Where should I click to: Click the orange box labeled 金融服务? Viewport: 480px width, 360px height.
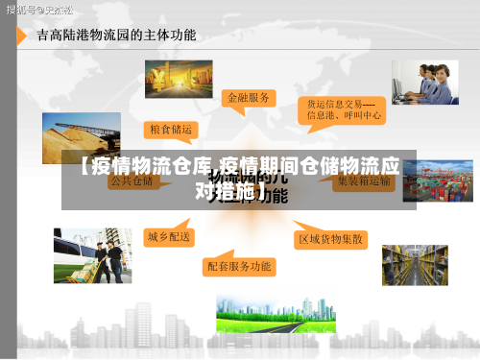(250, 98)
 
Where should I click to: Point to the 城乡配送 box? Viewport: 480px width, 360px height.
(169, 235)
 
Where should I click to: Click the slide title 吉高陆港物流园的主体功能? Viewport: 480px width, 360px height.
(116, 36)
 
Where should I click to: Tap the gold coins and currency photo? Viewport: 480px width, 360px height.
(178, 79)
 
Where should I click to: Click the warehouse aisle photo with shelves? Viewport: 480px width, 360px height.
(415, 265)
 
